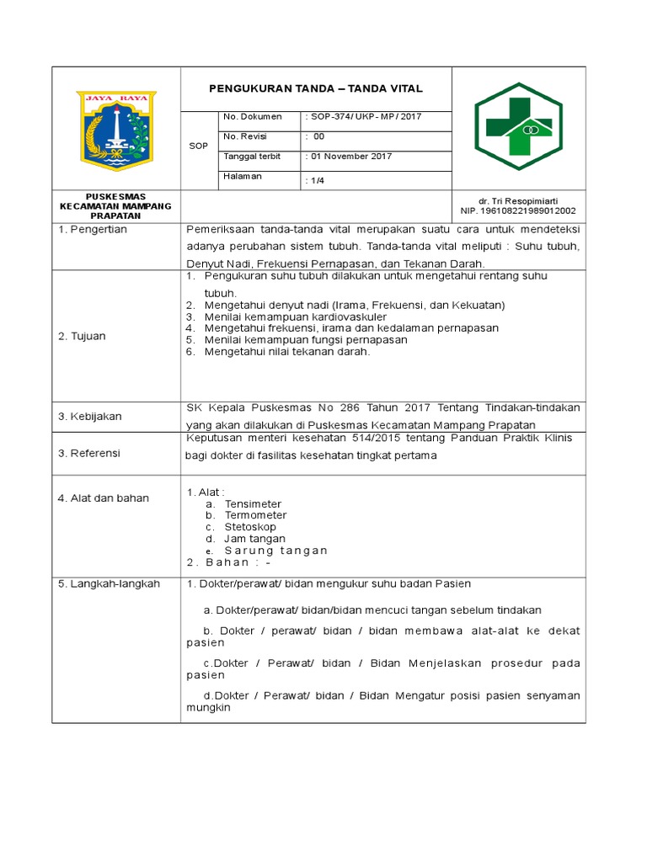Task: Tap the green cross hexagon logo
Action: pos(517,126)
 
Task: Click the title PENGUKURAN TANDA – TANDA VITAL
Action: pos(317,88)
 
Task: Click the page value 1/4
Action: pos(314,180)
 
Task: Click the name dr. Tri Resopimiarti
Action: pos(517,201)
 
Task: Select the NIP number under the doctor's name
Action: pos(517,211)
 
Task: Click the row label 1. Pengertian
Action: pos(92,230)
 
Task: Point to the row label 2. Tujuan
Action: pos(82,336)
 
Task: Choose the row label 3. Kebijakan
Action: pos(89,416)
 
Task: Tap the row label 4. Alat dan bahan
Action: pos(103,498)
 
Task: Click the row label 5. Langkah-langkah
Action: pos(109,583)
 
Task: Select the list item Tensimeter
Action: pos(253,503)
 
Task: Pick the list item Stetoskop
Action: pos(250,527)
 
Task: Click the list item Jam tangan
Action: pos(254,539)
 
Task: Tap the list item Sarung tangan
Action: pos(275,551)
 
